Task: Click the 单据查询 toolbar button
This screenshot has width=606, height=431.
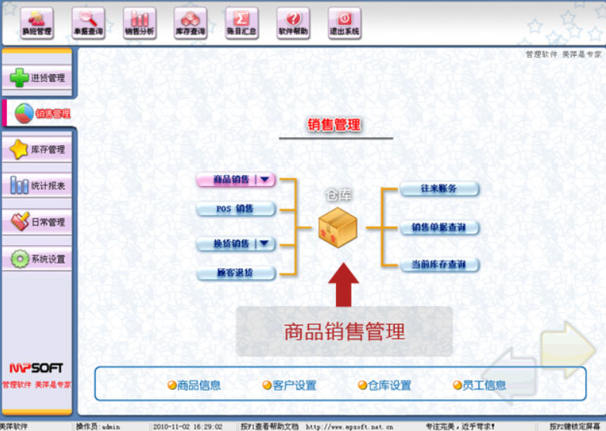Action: pyautogui.click(x=87, y=23)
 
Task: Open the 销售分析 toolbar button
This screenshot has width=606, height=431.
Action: pyautogui.click(x=139, y=23)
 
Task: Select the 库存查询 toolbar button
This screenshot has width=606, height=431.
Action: pyautogui.click(x=190, y=23)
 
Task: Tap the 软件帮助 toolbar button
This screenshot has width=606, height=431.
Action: pyautogui.click(x=293, y=23)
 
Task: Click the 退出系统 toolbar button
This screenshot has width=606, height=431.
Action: pyautogui.click(x=344, y=23)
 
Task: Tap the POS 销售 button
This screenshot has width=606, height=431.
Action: pyautogui.click(x=235, y=209)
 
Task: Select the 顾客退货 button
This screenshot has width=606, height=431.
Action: pyautogui.click(x=235, y=273)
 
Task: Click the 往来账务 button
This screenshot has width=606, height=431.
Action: pyautogui.click(x=439, y=189)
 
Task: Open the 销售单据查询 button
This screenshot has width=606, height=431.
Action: pyautogui.click(x=439, y=228)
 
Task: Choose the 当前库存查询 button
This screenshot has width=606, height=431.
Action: pyautogui.click(x=439, y=265)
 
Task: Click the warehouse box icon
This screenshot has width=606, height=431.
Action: pyautogui.click(x=337, y=228)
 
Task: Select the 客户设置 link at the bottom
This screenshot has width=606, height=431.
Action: pyautogui.click(x=289, y=385)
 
